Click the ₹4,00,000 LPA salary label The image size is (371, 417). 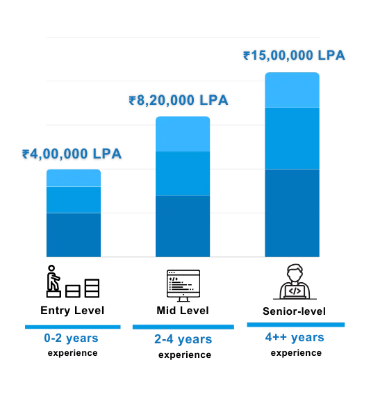tap(72, 154)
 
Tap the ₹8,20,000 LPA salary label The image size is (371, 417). tap(179, 101)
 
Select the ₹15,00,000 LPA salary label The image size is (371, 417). tap(294, 56)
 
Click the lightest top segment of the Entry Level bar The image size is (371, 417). tap(74, 178)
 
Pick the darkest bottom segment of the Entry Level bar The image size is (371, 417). tap(74, 235)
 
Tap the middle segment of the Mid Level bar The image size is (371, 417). tap(183, 173)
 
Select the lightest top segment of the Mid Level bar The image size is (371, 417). tap(183, 133)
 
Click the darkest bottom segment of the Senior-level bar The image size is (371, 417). tap(292, 213)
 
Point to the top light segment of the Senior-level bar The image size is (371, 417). tap(292, 90)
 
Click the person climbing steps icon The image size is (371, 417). tap(73, 281)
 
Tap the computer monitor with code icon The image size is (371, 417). tap(183, 286)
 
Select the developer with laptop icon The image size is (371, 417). tap(295, 281)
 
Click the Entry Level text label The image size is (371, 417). tap(72, 311)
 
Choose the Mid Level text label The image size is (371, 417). tap(183, 311)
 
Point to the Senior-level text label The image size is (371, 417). tap(294, 311)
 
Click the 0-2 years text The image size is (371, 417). tap(72, 338)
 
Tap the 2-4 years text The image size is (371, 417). tap(183, 340)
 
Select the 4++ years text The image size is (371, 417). tap(295, 338)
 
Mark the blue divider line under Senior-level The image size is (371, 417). tap(296, 325)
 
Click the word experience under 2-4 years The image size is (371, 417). tap(185, 355)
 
